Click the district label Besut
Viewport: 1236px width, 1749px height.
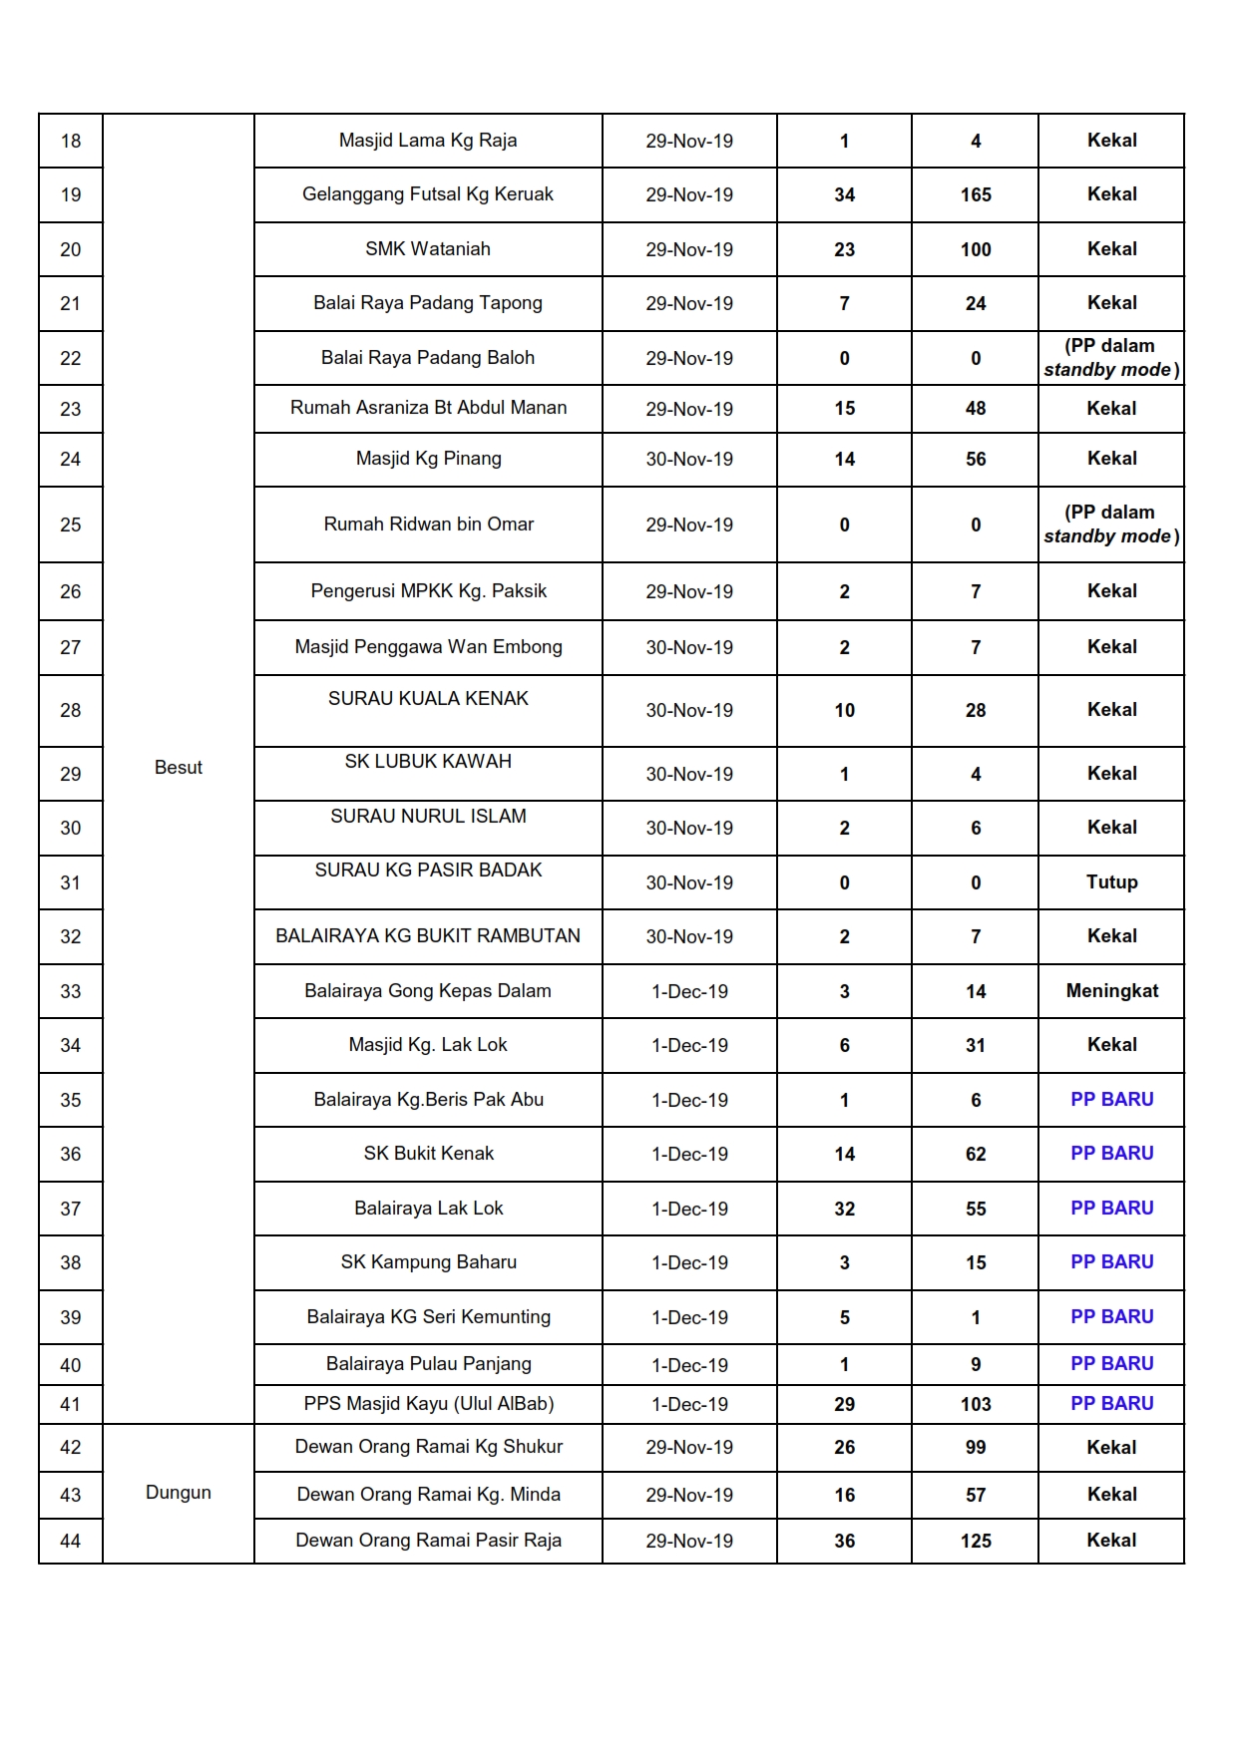pos(179,767)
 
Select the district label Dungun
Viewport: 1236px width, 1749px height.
pos(179,1492)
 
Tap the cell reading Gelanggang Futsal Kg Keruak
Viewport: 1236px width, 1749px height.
pos(428,194)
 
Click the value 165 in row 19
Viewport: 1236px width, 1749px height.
pos(976,194)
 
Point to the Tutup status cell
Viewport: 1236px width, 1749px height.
pos(1111,881)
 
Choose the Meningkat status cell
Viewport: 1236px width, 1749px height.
pos(1111,990)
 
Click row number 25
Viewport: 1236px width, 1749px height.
pos(71,525)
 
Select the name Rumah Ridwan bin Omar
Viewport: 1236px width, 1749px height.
pos(428,525)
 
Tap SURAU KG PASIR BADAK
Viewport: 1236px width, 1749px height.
pos(428,871)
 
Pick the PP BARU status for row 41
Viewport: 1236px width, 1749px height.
pos(1111,1403)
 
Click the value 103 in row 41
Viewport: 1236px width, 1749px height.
pos(976,1404)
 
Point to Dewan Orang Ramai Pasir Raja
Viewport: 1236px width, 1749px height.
pos(428,1541)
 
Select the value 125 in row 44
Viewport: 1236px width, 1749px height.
pos(976,1541)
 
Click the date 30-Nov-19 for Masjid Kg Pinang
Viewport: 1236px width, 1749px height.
pos(689,459)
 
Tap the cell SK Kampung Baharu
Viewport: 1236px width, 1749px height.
pos(428,1262)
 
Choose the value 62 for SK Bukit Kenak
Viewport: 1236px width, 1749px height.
pos(976,1154)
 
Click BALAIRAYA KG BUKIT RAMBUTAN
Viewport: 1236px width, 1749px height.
pos(428,936)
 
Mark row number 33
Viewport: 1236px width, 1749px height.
pos(71,991)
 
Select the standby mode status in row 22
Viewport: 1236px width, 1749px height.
pos(1111,358)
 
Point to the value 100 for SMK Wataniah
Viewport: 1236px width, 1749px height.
pos(976,249)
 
